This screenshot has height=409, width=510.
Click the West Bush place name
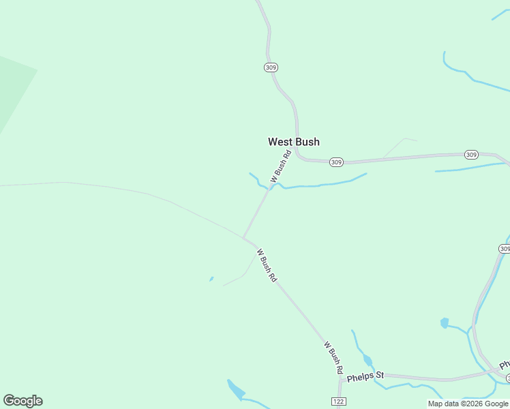[x=293, y=142]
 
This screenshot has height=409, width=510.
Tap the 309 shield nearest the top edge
[x=271, y=67]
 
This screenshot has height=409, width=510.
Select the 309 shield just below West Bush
[x=335, y=162]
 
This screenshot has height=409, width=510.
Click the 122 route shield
[x=339, y=402]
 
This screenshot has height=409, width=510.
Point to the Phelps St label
[x=365, y=376]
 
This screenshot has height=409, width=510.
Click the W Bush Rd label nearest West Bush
[x=281, y=166]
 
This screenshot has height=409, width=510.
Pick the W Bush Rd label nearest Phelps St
[x=333, y=357]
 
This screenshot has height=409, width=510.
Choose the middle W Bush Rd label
[x=267, y=266]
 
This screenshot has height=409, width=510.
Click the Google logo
[x=22, y=401]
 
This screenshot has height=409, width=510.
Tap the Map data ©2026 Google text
[x=468, y=404]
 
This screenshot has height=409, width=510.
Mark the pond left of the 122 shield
[x=236, y=389]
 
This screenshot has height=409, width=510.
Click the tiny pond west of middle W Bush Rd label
[x=211, y=278]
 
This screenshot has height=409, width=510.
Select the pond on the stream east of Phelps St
[x=445, y=322]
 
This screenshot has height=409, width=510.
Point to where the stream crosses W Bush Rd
[x=271, y=187]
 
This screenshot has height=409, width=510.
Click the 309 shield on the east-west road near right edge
[x=471, y=155]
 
